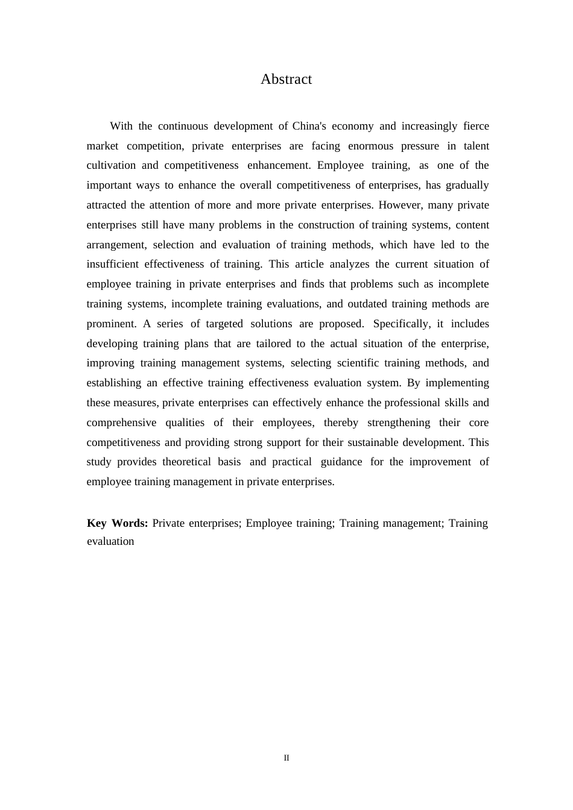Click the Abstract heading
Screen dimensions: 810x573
pos(286,79)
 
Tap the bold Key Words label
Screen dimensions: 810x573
pos(117,523)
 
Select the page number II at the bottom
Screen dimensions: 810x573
pos(286,758)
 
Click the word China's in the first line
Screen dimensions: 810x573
pos(309,126)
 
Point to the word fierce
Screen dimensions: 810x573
pos(476,126)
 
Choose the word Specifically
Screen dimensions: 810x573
pos(402,324)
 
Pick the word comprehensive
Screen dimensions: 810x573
pos(121,422)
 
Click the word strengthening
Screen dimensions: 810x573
pos(399,422)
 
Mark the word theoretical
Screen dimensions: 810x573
pos(186,462)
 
